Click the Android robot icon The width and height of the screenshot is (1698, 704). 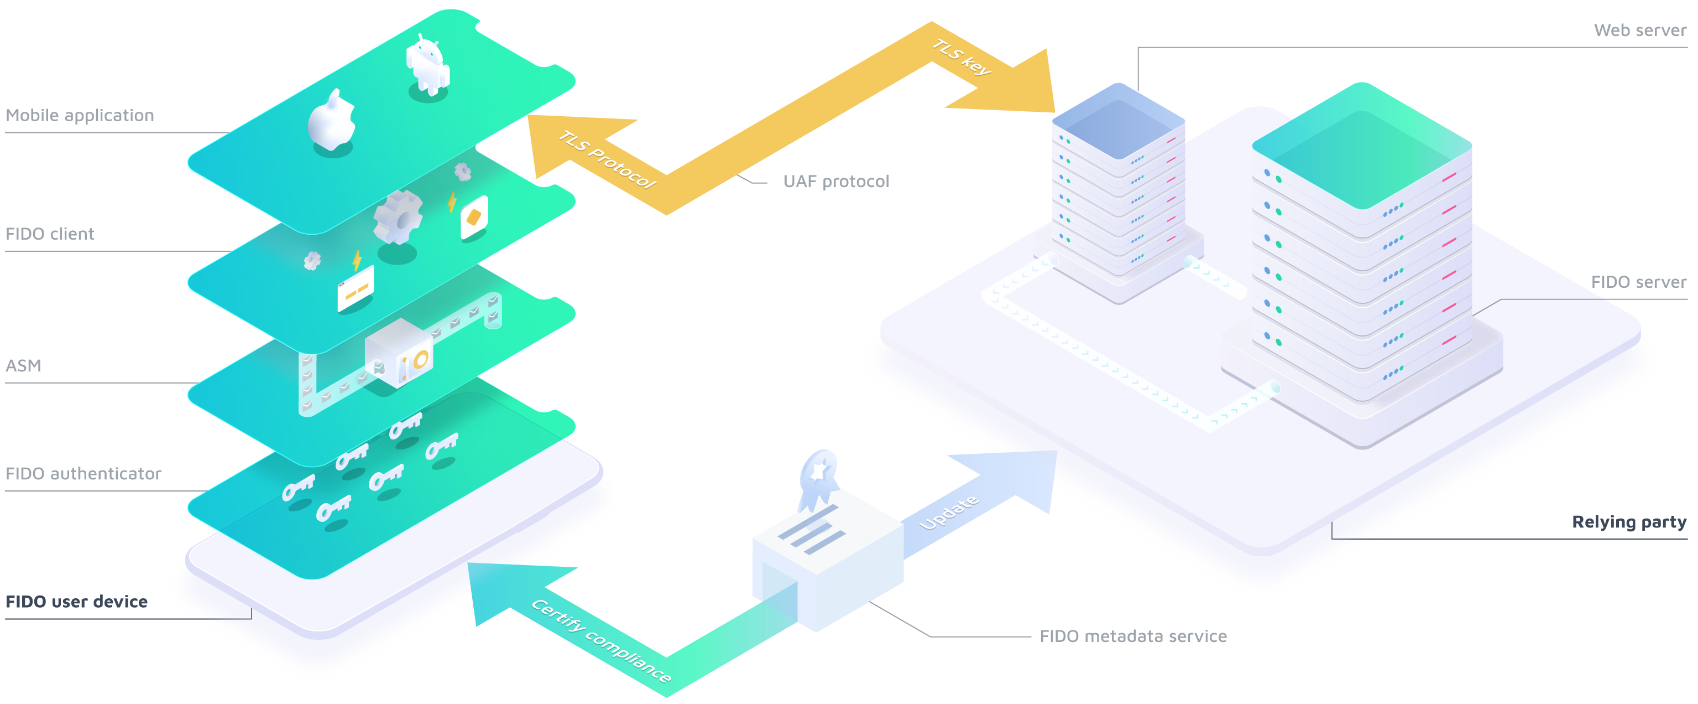(428, 65)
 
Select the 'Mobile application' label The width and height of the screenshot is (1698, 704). (80, 116)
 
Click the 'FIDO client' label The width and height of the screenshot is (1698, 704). (49, 234)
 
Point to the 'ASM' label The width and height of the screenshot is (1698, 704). (23, 365)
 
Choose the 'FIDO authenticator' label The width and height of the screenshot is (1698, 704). (83, 474)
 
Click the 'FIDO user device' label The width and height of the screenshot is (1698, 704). (76, 602)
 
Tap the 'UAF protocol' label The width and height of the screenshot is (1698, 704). (836, 182)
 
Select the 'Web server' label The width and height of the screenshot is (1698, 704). (1639, 30)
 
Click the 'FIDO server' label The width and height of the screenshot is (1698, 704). (1638, 282)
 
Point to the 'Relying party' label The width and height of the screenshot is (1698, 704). (1629, 522)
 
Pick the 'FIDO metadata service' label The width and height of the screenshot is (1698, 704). (1133, 636)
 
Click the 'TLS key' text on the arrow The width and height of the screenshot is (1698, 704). (962, 57)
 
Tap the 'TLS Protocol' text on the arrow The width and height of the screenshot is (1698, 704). (607, 159)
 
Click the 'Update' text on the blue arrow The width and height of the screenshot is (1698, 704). (949, 513)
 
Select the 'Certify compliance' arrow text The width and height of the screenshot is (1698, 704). (601, 640)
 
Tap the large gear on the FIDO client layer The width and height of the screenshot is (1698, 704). (398, 216)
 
